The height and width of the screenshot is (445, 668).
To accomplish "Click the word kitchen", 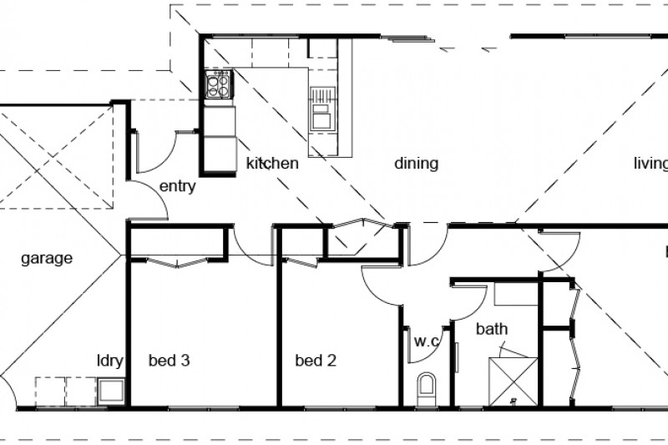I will click(x=272, y=164).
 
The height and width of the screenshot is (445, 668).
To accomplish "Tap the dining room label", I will click(x=416, y=164).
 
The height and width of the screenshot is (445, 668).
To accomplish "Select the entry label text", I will click(x=176, y=186).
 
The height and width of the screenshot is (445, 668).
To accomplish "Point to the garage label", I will click(x=46, y=258).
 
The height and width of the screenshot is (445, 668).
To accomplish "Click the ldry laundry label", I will click(x=109, y=362).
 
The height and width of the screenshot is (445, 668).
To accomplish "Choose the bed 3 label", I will click(x=170, y=362).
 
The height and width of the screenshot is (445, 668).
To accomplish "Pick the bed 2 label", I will click(x=316, y=362).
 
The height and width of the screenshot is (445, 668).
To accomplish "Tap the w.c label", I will click(x=427, y=341).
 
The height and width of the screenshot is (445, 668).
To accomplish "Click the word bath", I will click(x=492, y=329).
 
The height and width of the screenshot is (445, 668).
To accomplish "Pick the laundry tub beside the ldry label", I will click(x=110, y=390).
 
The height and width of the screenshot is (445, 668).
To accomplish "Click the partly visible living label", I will click(x=650, y=164).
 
